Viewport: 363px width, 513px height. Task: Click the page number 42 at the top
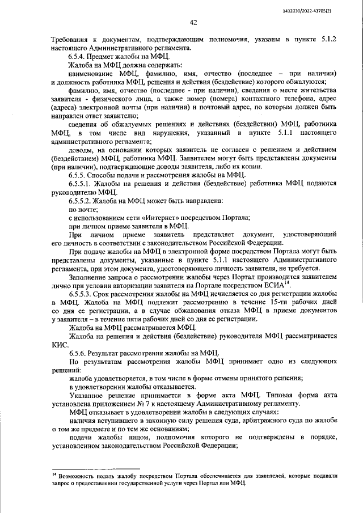193,23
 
